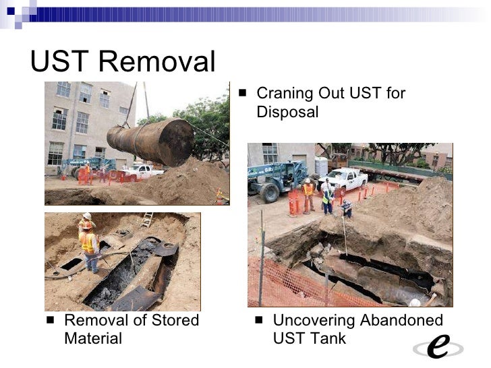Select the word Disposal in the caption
287,112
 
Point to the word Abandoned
401,320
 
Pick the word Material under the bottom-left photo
93,338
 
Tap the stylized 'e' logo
438,346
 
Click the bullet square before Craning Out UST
243,92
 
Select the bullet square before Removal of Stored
51,320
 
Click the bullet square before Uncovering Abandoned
260,320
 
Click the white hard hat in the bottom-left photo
86,216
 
